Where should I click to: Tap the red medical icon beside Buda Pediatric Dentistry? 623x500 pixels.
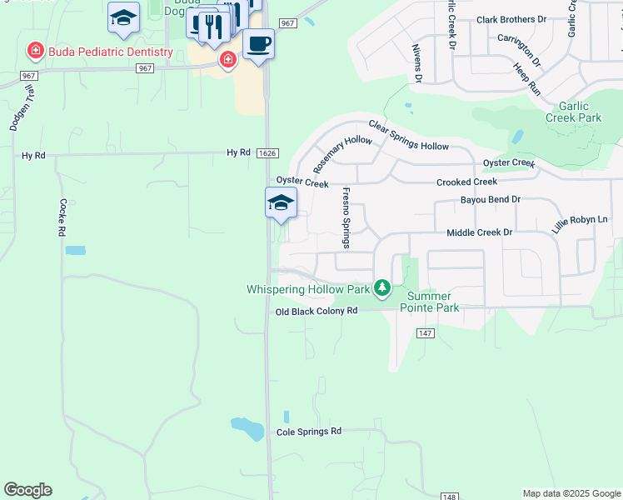coord(36,52)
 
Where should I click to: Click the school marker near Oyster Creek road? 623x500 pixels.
coord(281,202)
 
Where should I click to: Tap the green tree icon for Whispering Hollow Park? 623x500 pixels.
coord(382,288)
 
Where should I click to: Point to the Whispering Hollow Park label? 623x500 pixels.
coord(308,289)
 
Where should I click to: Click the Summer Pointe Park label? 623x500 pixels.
coord(430,302)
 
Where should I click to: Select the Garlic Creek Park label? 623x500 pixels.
coord(573,112)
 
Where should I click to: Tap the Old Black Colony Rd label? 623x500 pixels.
coord(316,311)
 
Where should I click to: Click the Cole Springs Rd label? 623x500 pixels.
coord(309,432)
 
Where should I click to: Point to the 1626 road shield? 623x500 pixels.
coord(267,153)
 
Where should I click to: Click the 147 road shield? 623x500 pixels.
coord(426,333)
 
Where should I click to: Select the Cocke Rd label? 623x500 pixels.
coord(62,217)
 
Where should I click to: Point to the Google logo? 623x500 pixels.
coord(27,490)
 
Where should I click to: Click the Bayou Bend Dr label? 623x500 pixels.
coord(490,200)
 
